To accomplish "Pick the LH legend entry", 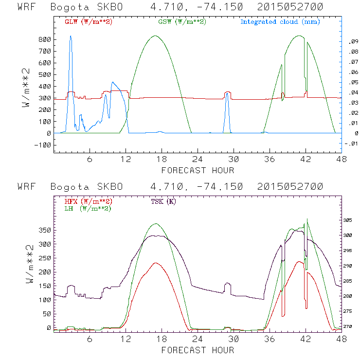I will [87, 208].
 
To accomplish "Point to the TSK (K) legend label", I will [164, 201].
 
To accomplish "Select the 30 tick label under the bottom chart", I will [234, 339].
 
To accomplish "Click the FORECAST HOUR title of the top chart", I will [198, 170].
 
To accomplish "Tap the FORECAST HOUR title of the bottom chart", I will [198, 350].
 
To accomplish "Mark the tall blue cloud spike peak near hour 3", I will [71, 36].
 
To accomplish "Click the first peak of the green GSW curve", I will [155, 36].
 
